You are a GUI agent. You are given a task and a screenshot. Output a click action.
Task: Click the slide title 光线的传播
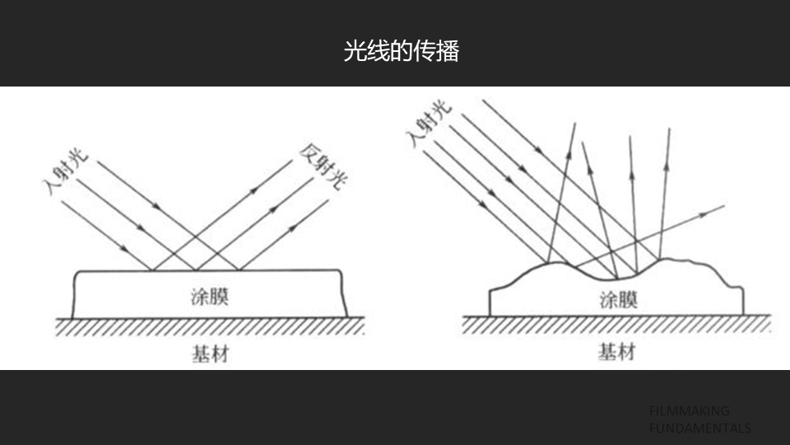(401, 51)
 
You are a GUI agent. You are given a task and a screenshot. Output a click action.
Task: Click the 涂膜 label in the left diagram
(209, 296)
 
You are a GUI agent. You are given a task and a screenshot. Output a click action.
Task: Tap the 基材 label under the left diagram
(210, 354)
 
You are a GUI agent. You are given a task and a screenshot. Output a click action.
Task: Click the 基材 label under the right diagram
(617, 353)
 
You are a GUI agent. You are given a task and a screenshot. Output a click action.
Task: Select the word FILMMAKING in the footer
(689, 410)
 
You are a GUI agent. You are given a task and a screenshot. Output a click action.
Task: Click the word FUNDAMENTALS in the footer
(699, 429)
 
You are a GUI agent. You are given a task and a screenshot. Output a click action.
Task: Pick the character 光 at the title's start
(354, 51)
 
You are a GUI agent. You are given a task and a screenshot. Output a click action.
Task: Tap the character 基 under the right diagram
(607, 353)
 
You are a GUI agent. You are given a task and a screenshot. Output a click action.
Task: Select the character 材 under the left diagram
(220, 354)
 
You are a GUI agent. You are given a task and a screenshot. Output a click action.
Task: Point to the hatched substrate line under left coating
(210, 327)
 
